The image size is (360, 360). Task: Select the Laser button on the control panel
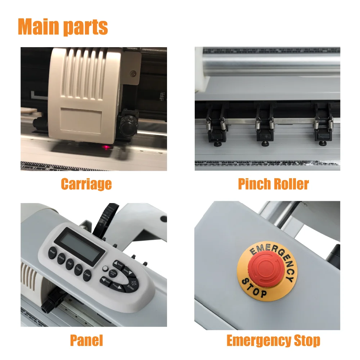(x=87, y=276)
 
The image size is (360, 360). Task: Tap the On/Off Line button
(x=113, y=273)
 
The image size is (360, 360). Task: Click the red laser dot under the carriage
(x=107, y=147)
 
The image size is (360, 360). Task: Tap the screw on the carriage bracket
(x=134, y=73)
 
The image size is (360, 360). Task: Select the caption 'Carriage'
(x=86, y=184)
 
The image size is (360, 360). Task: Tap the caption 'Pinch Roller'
(x=273, y=184)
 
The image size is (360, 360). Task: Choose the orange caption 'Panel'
(x=86, y=340)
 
